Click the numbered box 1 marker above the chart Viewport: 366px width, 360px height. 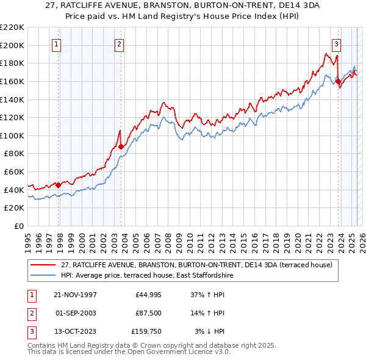56,44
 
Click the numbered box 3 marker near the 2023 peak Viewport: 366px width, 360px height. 336,44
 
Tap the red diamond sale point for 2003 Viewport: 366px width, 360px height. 121,146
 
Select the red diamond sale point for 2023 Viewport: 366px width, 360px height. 338,81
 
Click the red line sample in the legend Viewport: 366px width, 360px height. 43,265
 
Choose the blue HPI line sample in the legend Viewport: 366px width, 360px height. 43,275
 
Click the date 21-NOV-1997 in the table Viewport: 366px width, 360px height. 76,295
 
